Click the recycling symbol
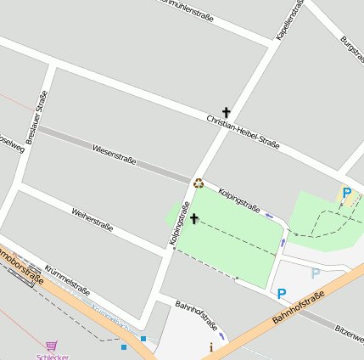click(199, 182)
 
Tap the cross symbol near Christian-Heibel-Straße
click(227, 112)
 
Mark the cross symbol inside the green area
click(194, 219)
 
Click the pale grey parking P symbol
click(316, 273)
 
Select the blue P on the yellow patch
click(346, 193)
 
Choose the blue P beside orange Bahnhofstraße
click(282, 294)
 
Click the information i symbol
click(211, 346)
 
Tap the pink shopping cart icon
click(53, 346)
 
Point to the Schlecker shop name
click(53, 357)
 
